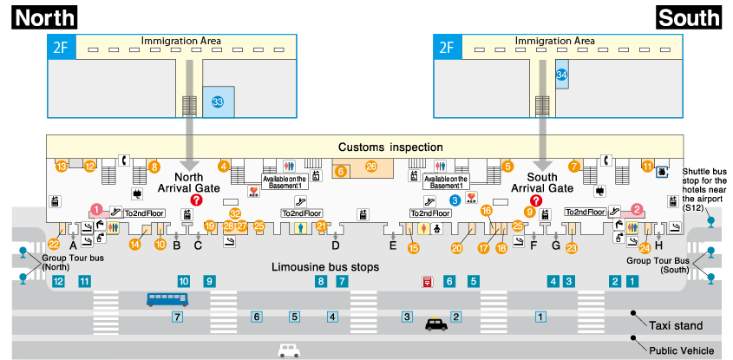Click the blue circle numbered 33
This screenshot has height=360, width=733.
pos(218,101)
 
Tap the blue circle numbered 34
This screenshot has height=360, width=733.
pos(561,75)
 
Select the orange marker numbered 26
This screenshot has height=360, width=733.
pos(371,167)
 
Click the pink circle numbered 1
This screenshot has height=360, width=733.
pos(96,209)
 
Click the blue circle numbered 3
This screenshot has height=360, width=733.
pos(455,200)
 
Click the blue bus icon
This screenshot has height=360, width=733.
pos(167,299)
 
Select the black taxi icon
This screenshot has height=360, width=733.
pos(436,324)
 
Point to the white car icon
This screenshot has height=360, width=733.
pos(289,350)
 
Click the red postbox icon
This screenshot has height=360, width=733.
pos(428,281)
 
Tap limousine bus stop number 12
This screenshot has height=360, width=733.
pos(58,281)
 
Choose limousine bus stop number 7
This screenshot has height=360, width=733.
pos(342,281)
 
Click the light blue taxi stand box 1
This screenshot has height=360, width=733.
pos(540,317)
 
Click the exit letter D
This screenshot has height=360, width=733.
pos(335,245)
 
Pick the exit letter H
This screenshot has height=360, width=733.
pos(658,245)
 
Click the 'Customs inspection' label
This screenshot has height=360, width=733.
pos(390,147)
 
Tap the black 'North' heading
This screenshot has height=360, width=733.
pos(45,17)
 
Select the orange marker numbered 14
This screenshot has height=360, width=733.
pos(135,244)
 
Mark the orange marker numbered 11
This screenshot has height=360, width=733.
pos(647,166)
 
